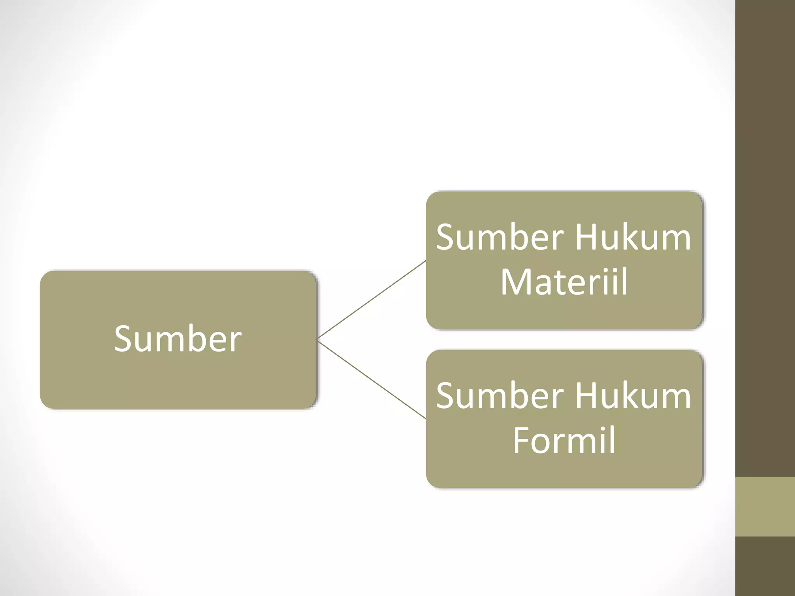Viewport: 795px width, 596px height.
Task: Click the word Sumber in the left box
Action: click(178, 339)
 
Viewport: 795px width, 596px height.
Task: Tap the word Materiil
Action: click(564, 281)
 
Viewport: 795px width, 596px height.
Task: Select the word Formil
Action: click(564, 440)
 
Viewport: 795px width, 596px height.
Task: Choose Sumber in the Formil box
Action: click(500, 395)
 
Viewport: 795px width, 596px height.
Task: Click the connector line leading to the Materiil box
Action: click(372, 300)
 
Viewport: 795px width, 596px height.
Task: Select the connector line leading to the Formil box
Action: click(372, 379)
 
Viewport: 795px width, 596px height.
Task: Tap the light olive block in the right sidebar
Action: click(765, 507)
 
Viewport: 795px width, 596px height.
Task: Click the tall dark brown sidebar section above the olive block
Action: click(765, 238)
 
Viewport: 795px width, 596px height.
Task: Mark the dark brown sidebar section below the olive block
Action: click(765, 566)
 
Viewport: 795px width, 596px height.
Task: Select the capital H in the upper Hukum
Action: click(586, 237)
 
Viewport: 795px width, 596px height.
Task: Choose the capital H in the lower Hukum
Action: click(586, 396)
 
